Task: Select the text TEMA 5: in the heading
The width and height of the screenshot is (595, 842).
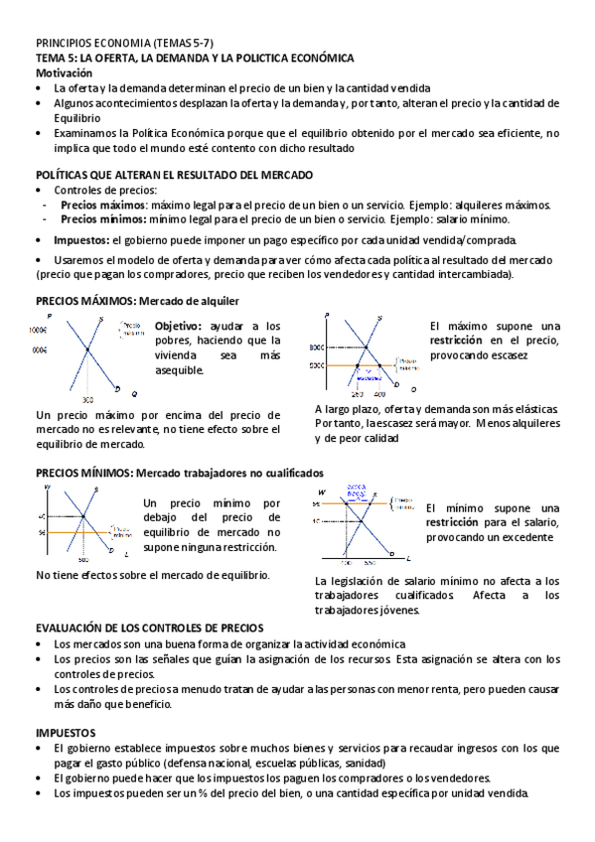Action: point(57,59)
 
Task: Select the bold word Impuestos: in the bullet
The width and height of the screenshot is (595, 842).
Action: point(81,240)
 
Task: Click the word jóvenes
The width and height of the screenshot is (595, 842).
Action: point(398,610)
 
